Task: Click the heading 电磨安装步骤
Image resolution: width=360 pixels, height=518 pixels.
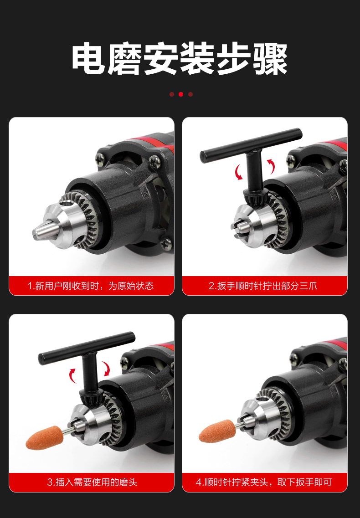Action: (180, 58)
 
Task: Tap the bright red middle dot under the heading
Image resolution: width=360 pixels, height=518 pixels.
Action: (181, 94)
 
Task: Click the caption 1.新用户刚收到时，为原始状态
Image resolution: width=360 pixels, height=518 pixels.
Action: (91, 286)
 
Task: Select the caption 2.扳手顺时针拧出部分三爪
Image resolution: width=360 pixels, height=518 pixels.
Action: (263, 286)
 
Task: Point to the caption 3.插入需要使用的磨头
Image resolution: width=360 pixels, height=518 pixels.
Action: (92, 482)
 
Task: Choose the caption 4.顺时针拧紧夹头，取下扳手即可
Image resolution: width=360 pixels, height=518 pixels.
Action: (264, 482)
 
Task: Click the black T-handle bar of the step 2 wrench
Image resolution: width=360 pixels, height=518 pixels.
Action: (251, 146)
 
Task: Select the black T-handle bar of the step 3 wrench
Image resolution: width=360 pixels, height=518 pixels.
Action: (87, 347)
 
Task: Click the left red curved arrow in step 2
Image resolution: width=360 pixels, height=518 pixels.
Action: (238, 172)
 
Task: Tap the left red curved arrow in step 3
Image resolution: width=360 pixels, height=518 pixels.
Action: (73, 375)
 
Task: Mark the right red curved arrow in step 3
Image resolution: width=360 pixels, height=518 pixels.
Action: (107, 369)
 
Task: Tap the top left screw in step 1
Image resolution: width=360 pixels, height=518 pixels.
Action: (101, 159)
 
